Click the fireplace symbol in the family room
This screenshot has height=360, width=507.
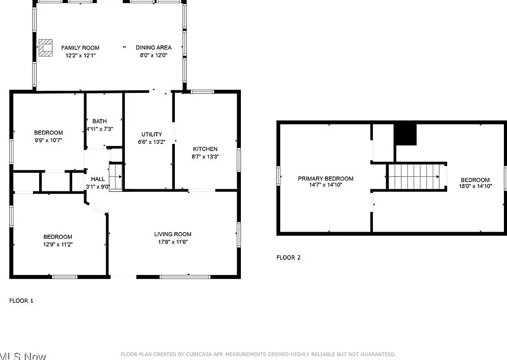(x=45, y=48)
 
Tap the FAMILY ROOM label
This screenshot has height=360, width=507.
(x=80, y=48)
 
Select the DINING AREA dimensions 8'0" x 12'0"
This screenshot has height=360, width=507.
(x=154, y=55)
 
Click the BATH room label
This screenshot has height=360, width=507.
(x=99, y=121)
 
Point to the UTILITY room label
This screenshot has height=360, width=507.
(x=152, y=134)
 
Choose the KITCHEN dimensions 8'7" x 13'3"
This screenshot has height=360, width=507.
(x=205, y=157)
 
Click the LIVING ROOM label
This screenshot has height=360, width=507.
(x=173, y=234)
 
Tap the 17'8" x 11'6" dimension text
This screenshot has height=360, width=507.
(x=173, y=242)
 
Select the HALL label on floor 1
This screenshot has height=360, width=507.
(x=97, y=179)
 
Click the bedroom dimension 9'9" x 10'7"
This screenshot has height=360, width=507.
(x=48, y=140)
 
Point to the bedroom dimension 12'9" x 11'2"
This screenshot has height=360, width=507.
(x=58, y=244)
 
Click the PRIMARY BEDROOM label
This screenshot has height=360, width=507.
(x=325, y=178)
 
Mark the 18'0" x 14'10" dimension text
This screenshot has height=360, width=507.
(x=476, y=186)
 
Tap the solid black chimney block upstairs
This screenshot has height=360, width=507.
(x=405, y=135)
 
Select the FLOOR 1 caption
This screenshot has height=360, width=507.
(x=21, y=301)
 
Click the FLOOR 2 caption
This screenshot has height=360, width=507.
(x=288, y=257)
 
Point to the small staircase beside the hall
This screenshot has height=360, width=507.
(x=116, y=177)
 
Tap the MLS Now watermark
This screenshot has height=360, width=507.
(x=23, y=356)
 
